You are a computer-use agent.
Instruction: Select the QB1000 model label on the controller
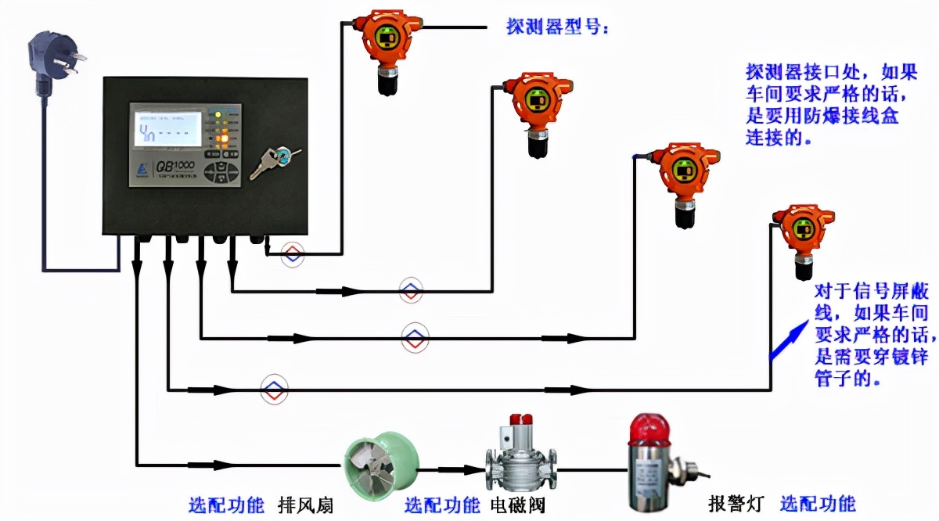tap(169, 165)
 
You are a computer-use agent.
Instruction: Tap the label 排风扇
tap(306, 505)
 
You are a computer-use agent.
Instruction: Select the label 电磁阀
tap(517, 505)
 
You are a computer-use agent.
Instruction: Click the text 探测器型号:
tap(559, 28)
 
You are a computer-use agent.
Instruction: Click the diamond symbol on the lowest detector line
tap(274, 388)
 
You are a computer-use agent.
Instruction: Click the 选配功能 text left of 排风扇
tap(226, 505)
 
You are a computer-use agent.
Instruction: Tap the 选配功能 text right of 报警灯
tap(818, 504)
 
